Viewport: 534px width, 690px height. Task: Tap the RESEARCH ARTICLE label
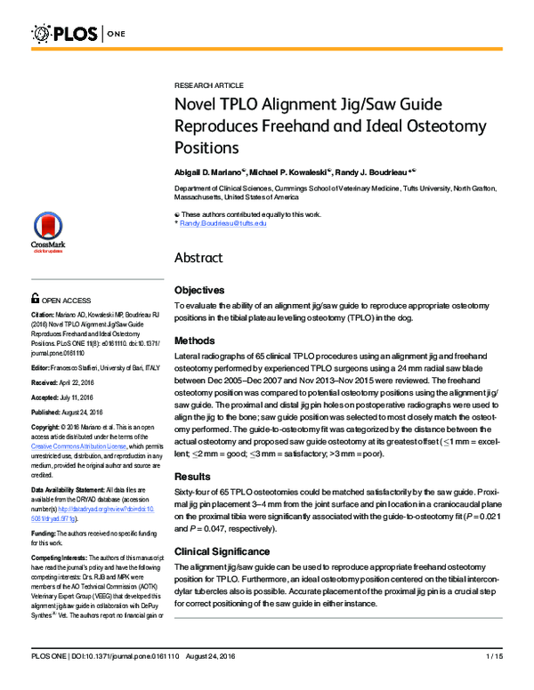coord(208,84)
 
